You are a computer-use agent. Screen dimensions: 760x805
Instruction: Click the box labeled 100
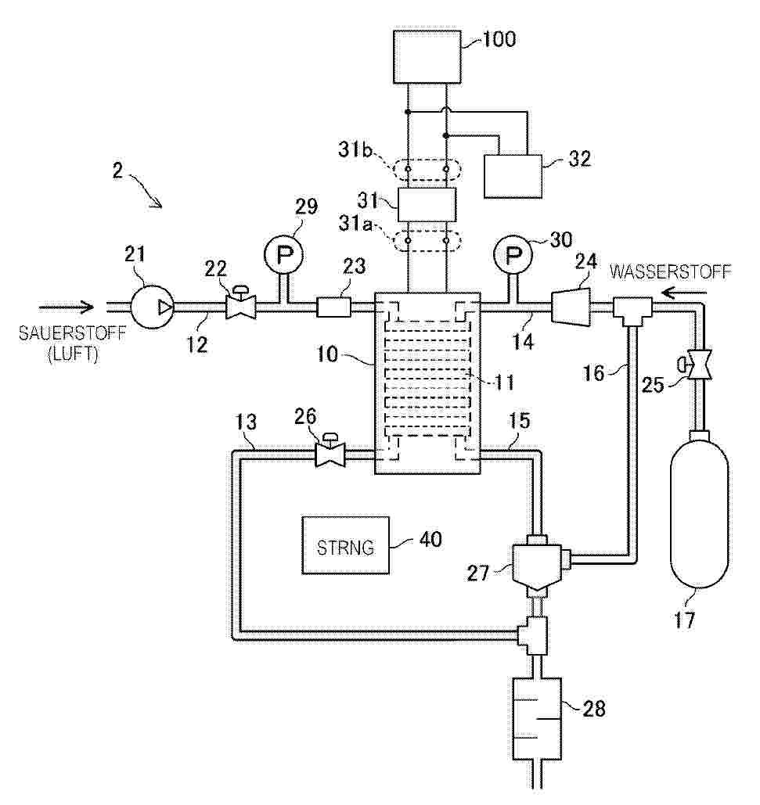coord(427,56)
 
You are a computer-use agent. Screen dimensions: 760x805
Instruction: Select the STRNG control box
coord(346,544)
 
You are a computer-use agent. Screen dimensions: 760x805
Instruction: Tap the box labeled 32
coord(513,176)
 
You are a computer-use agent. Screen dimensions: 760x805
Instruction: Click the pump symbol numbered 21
coord(152,307)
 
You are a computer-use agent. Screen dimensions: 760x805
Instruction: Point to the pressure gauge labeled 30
coord(512,255)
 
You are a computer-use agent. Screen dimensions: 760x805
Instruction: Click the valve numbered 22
coord(240,304)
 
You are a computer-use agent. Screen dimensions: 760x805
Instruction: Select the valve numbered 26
coord(330,451)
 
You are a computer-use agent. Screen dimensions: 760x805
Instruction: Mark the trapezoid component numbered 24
coord(571,307)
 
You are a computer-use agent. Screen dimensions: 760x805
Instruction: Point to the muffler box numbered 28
coord(537,719)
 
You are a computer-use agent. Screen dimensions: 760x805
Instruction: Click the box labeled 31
coord(427,204)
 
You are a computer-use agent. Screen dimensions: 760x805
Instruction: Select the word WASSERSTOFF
coord(670,271)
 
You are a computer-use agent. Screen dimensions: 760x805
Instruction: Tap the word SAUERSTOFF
coord(72,333)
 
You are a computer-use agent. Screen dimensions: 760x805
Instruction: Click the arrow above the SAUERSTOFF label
coord(67,307)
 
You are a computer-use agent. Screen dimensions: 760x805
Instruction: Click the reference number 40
coord(430,539)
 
